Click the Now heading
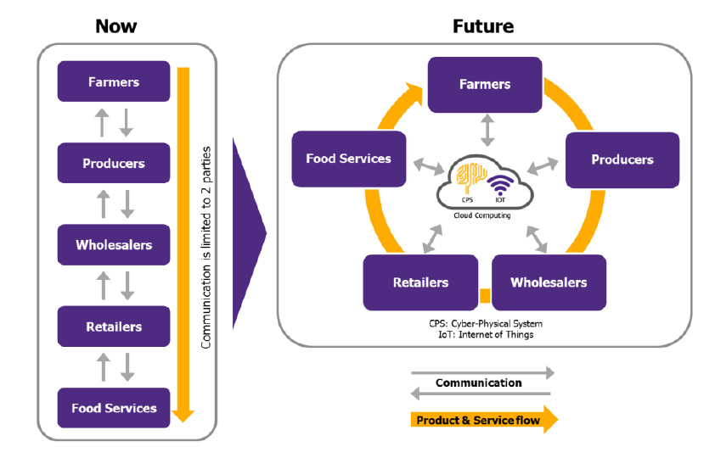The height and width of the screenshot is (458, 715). click(x=115, y=25)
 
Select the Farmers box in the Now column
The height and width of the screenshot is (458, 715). click(x=114, y=82)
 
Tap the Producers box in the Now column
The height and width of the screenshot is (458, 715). click(x=114, y=164)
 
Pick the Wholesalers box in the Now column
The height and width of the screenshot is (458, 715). click(x=114, y=245)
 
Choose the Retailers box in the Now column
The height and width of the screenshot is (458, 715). click(x=114, y=327)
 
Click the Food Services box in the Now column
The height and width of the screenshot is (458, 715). click(x=114, y=408)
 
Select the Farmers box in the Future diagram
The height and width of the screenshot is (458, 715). click(x=485, y=85)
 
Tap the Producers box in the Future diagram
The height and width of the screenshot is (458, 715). click(x=622, y=159)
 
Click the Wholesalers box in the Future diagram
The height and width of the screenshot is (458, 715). click(x=549, y=282)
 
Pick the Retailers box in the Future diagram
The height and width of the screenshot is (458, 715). click(x=420, y=282)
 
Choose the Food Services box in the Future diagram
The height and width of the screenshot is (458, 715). click(x=348, y=159)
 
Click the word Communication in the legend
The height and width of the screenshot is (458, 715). click(x=479, y=383)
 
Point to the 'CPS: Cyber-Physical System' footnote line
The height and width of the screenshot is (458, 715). click(x=485, y=324)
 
